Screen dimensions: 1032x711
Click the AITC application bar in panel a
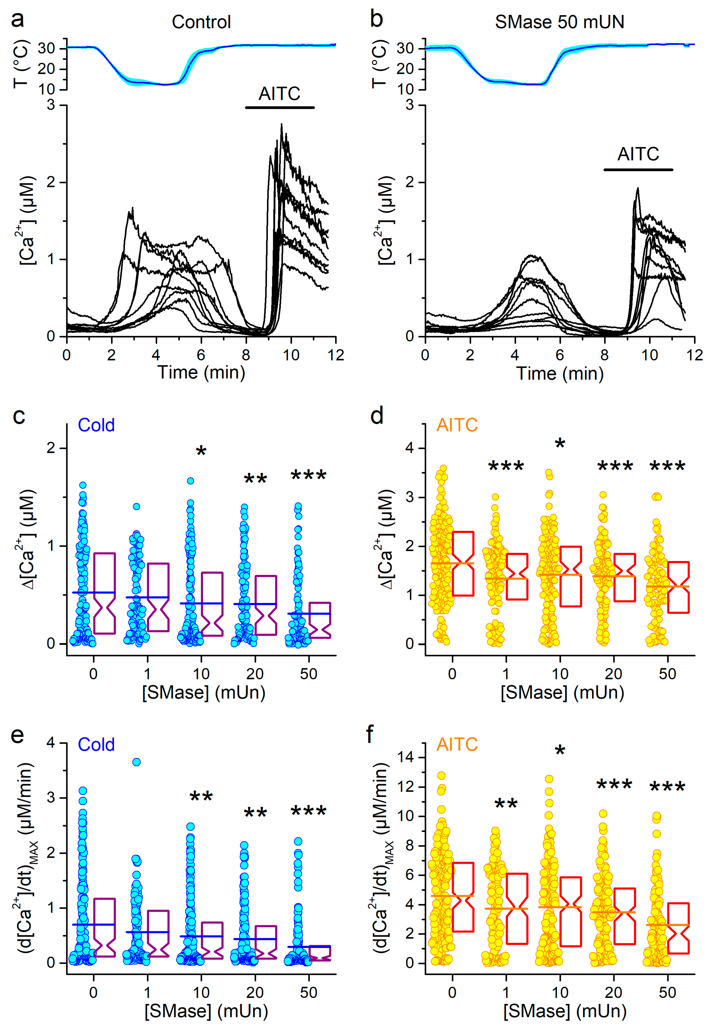[280, 107]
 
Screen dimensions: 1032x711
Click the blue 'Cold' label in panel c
[96, 425]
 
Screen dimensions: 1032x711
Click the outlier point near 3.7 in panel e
[136, 762]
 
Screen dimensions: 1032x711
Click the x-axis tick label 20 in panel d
[613, 674]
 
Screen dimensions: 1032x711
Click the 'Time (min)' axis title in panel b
[560, 373]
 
